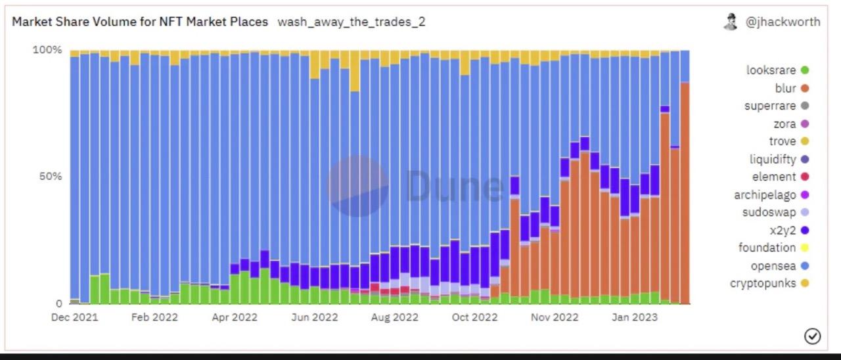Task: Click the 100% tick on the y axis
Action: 47,50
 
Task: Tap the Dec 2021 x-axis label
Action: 74,317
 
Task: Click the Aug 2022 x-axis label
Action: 394,317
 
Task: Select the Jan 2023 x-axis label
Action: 634,317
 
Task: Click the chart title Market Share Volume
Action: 140,22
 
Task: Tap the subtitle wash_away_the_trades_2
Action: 352,22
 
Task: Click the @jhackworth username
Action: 783,22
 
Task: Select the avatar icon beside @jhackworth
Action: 731,22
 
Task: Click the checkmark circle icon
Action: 812,336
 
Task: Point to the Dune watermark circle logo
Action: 358,186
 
